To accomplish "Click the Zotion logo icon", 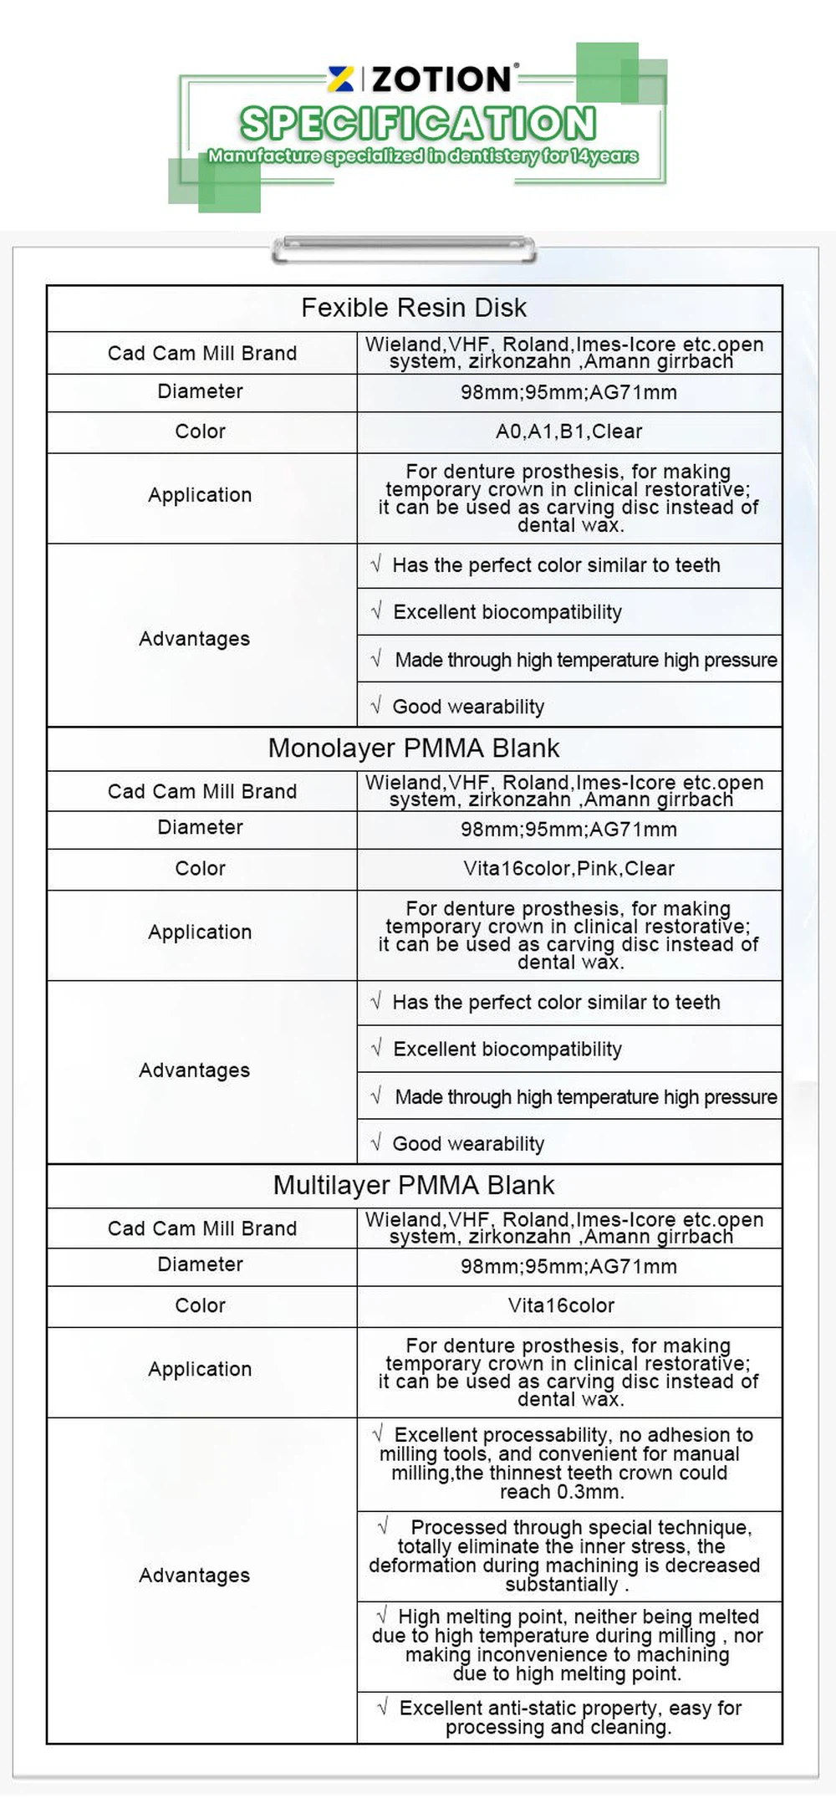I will click(x=340, y=79).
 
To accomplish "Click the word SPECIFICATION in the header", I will click(x=418, y=123).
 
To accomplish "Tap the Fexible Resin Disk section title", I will click(x=414, y=308).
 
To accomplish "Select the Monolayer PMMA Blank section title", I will click(x=414, y=748).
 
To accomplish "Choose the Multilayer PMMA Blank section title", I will click(x=414, y=1185).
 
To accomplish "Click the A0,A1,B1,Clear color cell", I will click(x=568, y=432).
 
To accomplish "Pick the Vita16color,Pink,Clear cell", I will click(x=568, y=868).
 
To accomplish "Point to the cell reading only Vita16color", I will click(x=561, y=1305).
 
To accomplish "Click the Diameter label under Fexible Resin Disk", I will click(x=201, y=391).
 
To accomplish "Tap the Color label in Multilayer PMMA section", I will click(x=201, y=1305).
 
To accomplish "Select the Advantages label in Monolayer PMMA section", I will click(x=195, y=1070).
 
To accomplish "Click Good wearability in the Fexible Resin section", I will click(x=468, y=707).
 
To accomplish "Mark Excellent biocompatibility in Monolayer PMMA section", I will click(x=507, y=1050).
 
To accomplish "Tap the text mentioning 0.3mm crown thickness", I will click(x=565, y=1463).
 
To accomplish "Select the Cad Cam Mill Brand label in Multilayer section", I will click(x=202, y=1228).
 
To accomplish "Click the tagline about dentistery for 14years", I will click(x=423, y=156).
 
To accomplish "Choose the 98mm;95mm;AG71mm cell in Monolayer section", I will click(x=568, y=830).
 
